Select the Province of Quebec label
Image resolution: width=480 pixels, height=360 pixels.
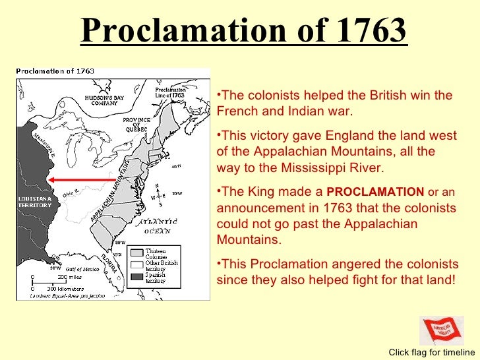(x=136, y=125)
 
